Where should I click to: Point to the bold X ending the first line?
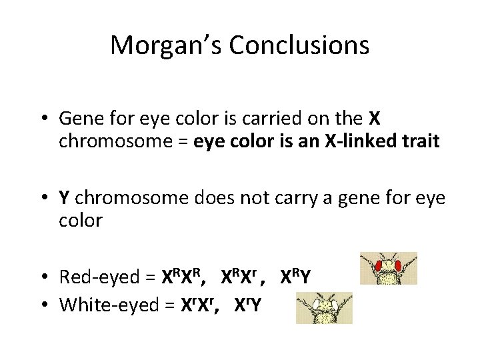[374, 119]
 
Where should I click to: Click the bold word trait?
[418, 142]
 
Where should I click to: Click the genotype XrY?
[248, 305]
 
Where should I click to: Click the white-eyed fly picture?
[324, 308]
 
